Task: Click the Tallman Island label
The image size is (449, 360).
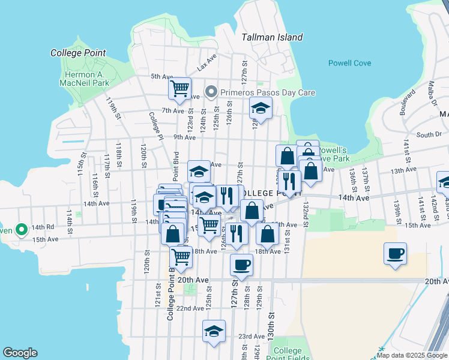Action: pyautogui.click(x=272, y=37)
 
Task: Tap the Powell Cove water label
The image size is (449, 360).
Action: pyautogui.click(x=349, y=63)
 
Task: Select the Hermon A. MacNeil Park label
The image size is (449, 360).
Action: pyautogui.click(x=86, y=79)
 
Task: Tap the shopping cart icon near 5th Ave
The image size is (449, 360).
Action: pyautogui.click(x=179, y=89)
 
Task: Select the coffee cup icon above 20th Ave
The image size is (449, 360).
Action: pyautogui.click(x=242, y=265)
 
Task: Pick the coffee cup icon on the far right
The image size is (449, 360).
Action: pyautogui.click(x=396, y=254)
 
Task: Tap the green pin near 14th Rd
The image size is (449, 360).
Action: pyautogui.click(x=21, y=229)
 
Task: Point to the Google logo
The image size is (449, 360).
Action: pyautogui.click(x=20, y=353)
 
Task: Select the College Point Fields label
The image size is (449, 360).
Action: pyautogui.click(x=292, y=355)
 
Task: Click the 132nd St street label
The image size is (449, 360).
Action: pyautogui.click(x=306, y=215)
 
